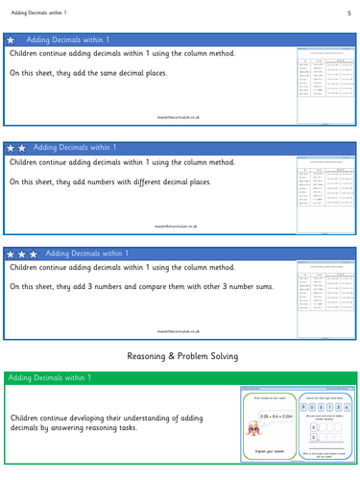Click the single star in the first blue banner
click(x=12, y=41)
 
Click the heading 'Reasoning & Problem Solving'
click(x=180, y=356)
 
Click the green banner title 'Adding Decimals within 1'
click(x=48, y=378)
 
